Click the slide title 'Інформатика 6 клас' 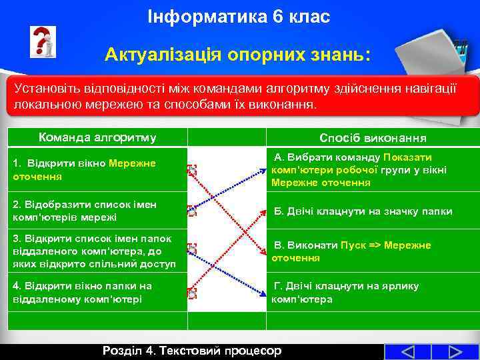239,17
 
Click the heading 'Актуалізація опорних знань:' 237,55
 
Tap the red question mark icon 42,42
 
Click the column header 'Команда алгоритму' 97,138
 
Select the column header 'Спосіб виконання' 373,138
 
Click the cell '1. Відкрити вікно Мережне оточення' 84,170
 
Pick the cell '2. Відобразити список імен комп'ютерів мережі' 85,211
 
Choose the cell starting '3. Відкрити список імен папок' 94,251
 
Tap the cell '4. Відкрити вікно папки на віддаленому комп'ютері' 83,292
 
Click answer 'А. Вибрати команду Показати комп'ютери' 360,170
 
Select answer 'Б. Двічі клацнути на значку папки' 363,211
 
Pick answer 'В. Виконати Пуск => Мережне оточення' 351,251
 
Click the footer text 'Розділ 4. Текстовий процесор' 192,351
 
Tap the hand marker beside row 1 192,170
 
